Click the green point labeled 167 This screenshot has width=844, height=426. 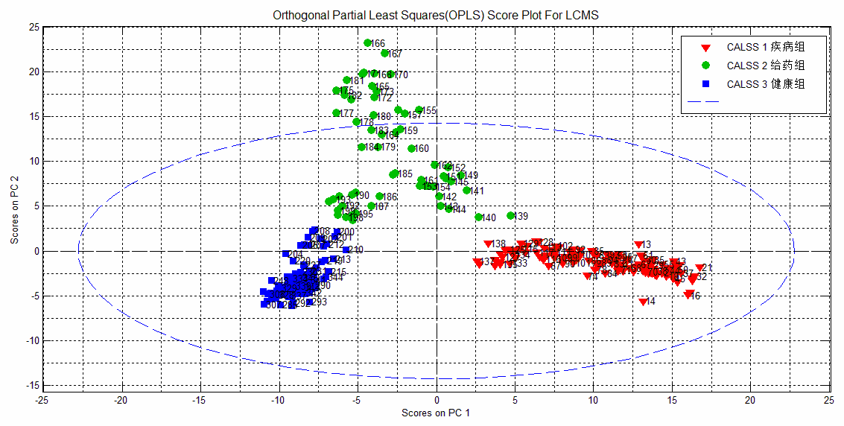tap(384, 54)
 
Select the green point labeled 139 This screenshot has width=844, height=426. tap(510, 215)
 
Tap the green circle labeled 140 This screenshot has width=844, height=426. tap(479, 217)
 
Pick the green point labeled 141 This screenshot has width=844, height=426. tap(467, 191)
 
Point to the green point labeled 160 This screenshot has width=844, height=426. tap(411, 148)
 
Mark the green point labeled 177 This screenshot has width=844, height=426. tap(336, 113)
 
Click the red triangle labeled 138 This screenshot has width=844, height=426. tap(488, 244)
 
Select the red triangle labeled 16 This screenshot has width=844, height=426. tap(688, 295)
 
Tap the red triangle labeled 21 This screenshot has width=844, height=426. tap(699, 268)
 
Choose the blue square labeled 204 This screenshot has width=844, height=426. tap(286, 254)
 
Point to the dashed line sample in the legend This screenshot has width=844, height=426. tap(704, 102)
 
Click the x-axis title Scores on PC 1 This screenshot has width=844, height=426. tap(435, 412)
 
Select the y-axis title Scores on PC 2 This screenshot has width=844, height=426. tap(14, 206)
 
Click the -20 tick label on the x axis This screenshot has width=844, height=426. tap(121, 400)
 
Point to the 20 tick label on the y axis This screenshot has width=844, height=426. tap(33, 71)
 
